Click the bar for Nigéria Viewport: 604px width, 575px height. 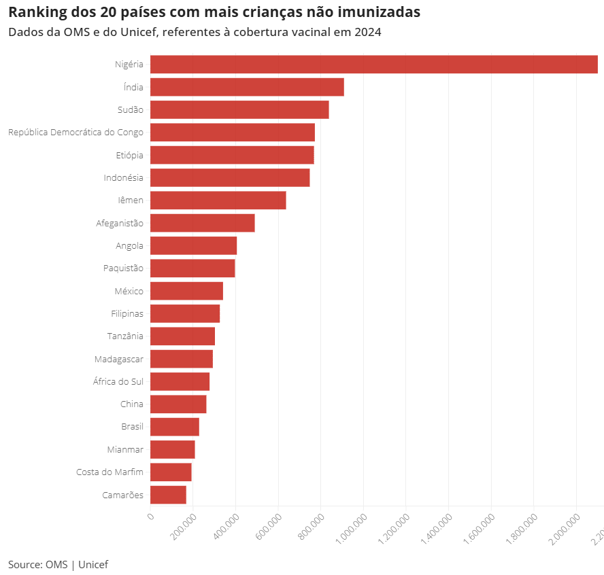373,65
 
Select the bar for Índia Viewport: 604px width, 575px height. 247,87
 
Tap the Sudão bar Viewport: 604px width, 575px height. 239,109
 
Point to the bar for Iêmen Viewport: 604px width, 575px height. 218,201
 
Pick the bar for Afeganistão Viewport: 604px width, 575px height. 202,223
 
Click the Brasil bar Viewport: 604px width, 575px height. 174,427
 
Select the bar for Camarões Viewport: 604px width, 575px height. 168,495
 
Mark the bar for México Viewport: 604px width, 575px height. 186,291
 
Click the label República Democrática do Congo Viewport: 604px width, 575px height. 75,133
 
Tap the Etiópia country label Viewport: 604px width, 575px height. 129,155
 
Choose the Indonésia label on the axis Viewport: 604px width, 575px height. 123,177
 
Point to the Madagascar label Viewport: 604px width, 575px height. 118,359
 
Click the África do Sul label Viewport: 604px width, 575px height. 118,381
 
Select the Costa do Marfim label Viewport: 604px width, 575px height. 110,472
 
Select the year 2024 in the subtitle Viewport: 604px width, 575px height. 367,32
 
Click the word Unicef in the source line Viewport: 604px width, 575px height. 93,564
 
